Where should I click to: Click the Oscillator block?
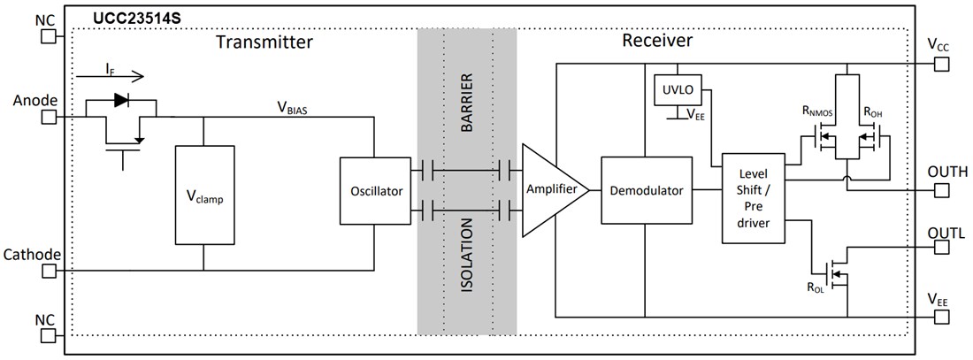[376, 191]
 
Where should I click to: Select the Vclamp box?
[205, 195]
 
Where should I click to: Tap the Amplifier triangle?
[552, 190]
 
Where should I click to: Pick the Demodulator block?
[646, 190]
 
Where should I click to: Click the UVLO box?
[677, 89]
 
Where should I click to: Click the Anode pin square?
[49, 116]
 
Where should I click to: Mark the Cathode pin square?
[49, 271]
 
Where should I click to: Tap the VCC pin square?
[940, 64]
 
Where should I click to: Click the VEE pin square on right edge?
[940, 314]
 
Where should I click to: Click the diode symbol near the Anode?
[120, 101]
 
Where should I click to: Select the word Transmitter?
[264, 42]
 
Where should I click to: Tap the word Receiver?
[656, 41]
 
